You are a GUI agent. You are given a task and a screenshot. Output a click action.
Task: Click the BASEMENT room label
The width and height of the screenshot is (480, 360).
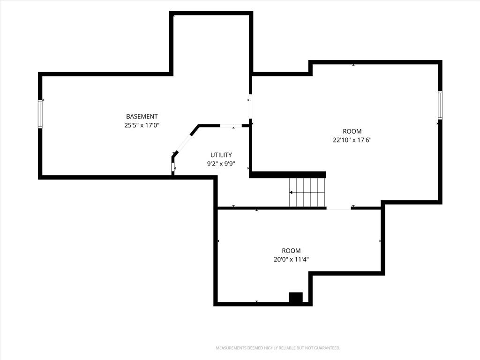pos(142,116)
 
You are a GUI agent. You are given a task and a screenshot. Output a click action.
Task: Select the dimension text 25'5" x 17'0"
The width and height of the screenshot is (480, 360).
pos(142,125)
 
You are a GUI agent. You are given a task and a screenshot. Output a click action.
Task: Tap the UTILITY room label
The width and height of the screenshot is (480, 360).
pos(221,155)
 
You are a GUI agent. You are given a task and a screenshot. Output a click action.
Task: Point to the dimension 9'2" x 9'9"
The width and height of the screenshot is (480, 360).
pos(221,164)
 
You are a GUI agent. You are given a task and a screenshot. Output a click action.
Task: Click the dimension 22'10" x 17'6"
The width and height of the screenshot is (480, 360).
pos(352,140)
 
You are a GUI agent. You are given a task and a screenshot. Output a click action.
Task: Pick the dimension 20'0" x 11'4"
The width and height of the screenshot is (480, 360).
pos(291,260)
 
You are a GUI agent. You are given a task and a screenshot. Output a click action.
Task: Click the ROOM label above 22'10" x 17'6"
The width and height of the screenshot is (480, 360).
pos(352,131)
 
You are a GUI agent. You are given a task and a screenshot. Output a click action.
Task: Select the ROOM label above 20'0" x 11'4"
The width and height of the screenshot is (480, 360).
pos(291,251)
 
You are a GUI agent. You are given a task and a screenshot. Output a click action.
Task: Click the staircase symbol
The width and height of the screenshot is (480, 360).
pos(307,192)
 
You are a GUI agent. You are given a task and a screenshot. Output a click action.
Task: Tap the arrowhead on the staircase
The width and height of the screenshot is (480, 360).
pos(291,192)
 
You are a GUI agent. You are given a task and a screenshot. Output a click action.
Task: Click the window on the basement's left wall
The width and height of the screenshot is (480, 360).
pos(40,114)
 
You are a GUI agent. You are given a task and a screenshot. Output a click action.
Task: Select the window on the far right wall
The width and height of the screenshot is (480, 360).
pos(440,105)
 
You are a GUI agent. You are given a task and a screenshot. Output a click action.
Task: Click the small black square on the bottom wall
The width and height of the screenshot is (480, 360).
pos(296,298)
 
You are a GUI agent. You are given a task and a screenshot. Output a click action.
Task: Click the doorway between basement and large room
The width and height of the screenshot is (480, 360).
pos(250,106)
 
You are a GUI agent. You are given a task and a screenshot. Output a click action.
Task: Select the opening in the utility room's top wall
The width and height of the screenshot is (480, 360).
pos(231,126)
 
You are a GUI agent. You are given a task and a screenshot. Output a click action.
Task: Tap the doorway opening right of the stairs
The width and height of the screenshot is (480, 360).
pos(338,208)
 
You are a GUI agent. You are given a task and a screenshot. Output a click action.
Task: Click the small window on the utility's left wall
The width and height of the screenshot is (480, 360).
pos(173,167)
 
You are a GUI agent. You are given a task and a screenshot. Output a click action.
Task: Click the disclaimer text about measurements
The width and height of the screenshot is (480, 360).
pos(278,348)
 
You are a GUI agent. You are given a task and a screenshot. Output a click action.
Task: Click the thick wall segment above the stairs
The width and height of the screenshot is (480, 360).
pos(288,175)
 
